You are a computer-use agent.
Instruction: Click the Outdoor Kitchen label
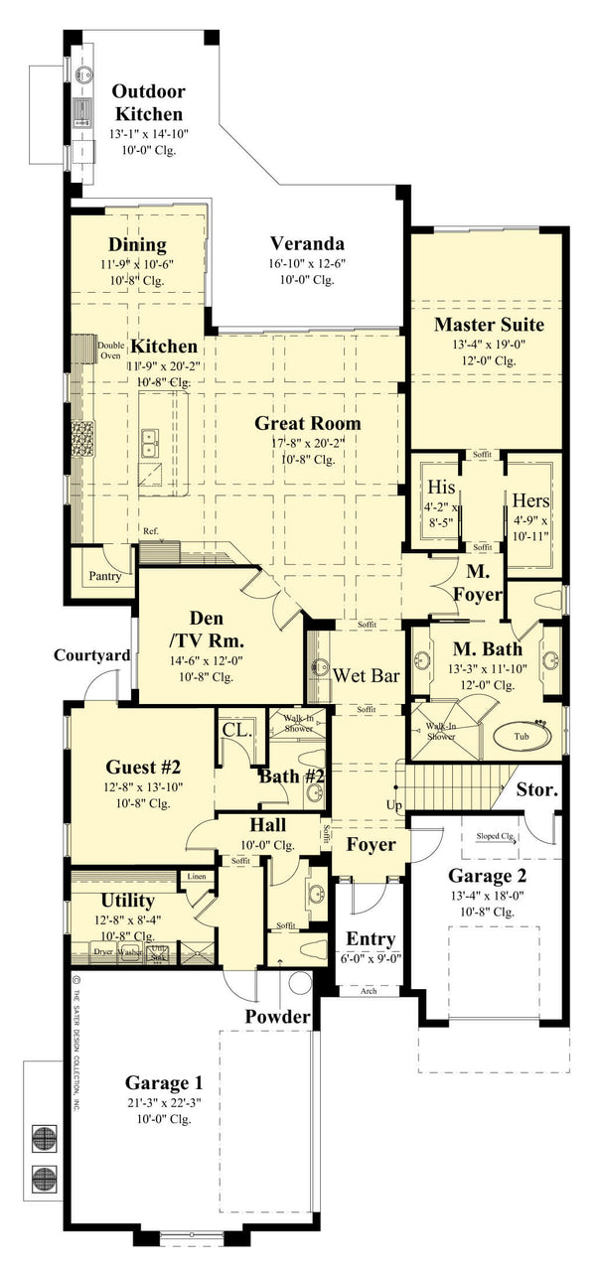[148, 102]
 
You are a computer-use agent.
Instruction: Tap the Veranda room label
[307, 244]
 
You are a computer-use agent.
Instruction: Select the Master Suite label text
[489, 325]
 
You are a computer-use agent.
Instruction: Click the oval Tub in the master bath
[514, 737]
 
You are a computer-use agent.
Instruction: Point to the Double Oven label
[110, 350]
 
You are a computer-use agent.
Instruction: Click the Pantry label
[105, 575]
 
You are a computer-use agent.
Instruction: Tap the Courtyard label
[92, 655]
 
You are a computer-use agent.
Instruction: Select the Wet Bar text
[367, 676]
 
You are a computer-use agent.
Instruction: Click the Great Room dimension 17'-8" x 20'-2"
[307, 442]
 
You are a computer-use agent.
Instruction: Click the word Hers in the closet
[530, 500]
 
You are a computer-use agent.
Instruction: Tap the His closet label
[440, 489]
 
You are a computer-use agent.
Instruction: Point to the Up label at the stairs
[394, 804]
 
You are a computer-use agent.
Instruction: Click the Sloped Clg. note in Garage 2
[493, 836]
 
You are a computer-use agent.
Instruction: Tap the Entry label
[371, 938]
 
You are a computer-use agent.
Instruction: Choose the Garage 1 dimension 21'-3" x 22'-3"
[156, 1101]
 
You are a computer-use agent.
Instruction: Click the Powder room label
[278, 1017]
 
